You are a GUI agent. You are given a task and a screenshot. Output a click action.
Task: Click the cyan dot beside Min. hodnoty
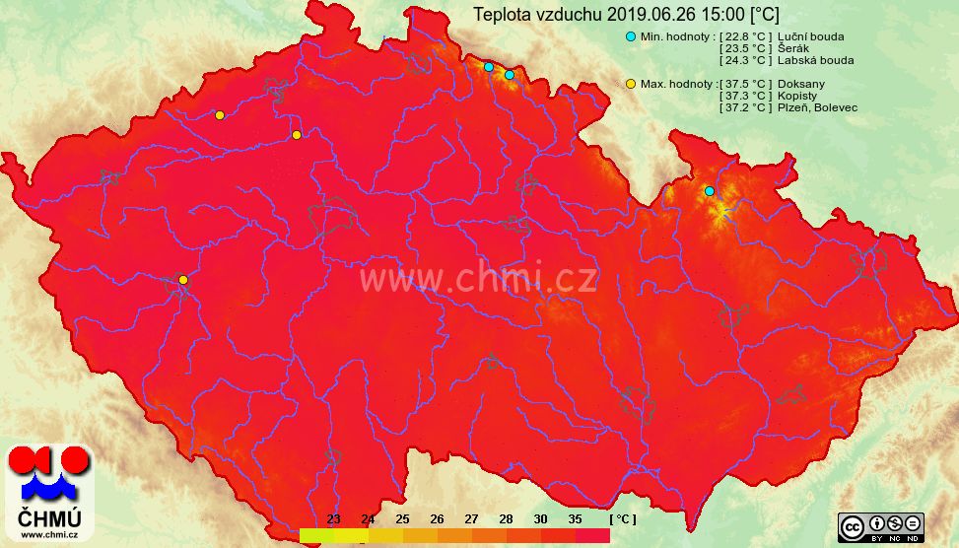[631, 36]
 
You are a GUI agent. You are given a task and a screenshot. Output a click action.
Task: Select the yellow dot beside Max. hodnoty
[631, 84]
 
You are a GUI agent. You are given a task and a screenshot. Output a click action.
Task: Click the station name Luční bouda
[810, 36]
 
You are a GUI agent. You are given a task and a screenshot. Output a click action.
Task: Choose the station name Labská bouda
[815, 60]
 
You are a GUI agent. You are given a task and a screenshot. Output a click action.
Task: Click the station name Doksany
[801, 84]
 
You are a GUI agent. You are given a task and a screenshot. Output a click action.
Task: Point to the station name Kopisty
[797, 96]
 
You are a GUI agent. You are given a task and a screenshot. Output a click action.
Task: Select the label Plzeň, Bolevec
[817, 107]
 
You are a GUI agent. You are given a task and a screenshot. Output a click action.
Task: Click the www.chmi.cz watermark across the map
[477, 279]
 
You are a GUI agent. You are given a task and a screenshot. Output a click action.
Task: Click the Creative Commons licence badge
[880, 526]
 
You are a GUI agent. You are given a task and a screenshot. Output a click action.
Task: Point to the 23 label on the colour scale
[333, 518]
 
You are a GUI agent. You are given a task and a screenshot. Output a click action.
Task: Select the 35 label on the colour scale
[575, 518]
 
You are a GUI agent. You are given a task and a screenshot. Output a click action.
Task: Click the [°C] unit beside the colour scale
[623, 518]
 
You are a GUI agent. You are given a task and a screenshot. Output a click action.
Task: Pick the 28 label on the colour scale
[506, 518]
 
